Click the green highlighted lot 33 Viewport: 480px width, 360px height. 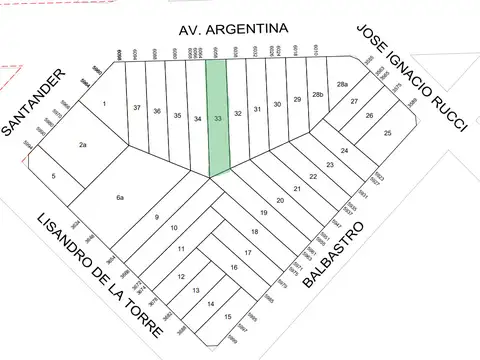pyautogui.click(x=218, y=118)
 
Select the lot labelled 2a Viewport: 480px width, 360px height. pyautogui.click(x=83, y=146)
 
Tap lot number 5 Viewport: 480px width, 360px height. pyautogui.click(x=54, y=177)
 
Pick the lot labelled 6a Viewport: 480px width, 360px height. pyautogui.click(x=120, y=198)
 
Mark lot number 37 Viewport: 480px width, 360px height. pyautogui.click(x=136, y=107)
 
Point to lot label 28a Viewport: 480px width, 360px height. pyautogui.click(x=342, y=84)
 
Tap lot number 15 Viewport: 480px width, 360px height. pyautogui.click(x=228, y=317)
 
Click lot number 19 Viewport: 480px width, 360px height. pyautogui.click(x=264, y=213)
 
